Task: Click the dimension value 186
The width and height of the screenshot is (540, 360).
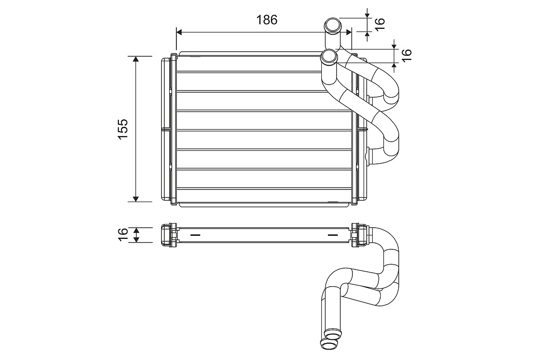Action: pos(267,20)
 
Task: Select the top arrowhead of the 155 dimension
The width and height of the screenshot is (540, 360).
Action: pos(136,59)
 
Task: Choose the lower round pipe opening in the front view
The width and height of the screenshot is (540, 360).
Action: pos(329,57)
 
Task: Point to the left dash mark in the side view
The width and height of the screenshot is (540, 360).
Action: pos(196,235)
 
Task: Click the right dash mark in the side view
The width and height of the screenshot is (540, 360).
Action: pos(332,235)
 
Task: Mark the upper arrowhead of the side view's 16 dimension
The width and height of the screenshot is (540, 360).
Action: pos(136,229)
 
